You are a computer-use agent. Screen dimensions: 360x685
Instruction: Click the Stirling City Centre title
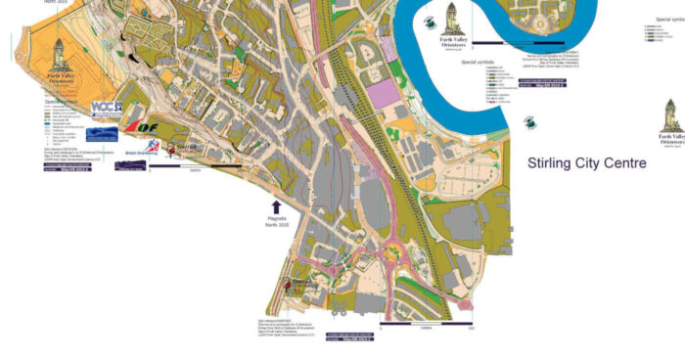tap(586, 162)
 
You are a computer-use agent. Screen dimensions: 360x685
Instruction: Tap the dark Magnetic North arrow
tap(276, 206)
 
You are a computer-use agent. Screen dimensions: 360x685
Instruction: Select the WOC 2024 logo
tap(105, 109)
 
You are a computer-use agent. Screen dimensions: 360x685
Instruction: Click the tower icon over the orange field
tap(58, 49)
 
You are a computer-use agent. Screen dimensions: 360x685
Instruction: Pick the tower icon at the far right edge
tap(672, 112)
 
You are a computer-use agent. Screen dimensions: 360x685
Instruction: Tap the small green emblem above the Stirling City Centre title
tap(529, 122)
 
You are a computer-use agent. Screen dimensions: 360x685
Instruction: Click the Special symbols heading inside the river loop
tap(479, 61)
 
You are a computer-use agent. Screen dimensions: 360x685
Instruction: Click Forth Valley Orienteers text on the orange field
tap(58, 77)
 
